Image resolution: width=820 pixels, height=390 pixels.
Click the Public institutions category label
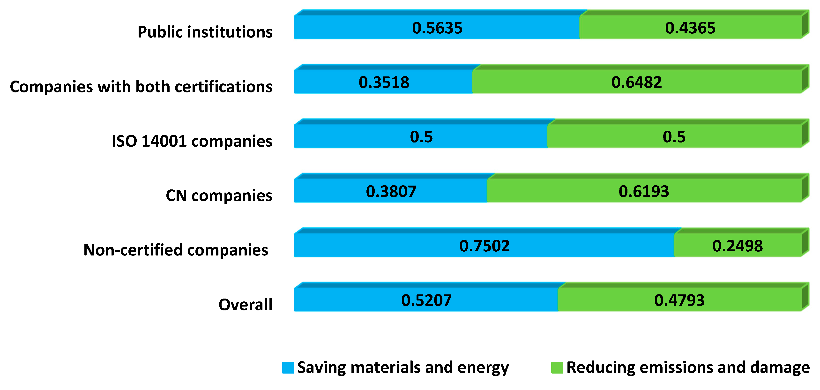205,32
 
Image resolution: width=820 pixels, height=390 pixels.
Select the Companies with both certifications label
141,87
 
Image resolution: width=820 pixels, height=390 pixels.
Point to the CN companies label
219,195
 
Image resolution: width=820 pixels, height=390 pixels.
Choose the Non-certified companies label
176,250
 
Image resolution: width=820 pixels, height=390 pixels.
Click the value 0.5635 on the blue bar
437,28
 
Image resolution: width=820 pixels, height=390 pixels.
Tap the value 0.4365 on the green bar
690,28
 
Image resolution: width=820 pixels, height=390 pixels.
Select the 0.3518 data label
384,82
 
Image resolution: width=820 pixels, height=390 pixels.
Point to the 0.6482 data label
637,82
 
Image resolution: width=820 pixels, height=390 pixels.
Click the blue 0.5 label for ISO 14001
421,137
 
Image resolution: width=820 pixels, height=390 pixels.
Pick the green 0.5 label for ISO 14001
674,137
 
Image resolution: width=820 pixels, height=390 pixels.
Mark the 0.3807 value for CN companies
391,191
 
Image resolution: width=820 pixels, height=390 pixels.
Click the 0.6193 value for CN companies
644,191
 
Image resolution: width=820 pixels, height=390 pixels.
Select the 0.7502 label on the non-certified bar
484,246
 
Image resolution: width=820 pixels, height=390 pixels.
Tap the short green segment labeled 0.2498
737,246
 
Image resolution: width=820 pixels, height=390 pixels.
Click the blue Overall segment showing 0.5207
426,300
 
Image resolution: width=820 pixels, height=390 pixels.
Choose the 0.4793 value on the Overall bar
679,300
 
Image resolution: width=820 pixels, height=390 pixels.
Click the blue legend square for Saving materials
288,367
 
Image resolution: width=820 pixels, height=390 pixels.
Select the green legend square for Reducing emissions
557,367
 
